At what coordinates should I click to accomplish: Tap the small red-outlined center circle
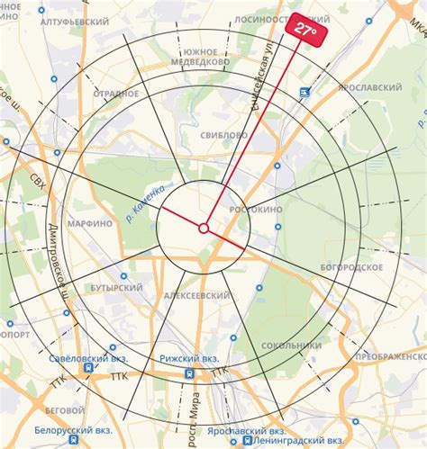[204, 229]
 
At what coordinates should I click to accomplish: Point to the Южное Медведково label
[199, 58]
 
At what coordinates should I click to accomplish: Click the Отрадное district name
[114, 93]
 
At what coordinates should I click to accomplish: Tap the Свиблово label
[224, 135]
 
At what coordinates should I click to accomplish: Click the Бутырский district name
[116, 288]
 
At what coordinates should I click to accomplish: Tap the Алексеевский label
[197, 295]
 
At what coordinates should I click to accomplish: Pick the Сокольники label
[291, 345]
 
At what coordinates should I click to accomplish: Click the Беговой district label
[65, 409]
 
